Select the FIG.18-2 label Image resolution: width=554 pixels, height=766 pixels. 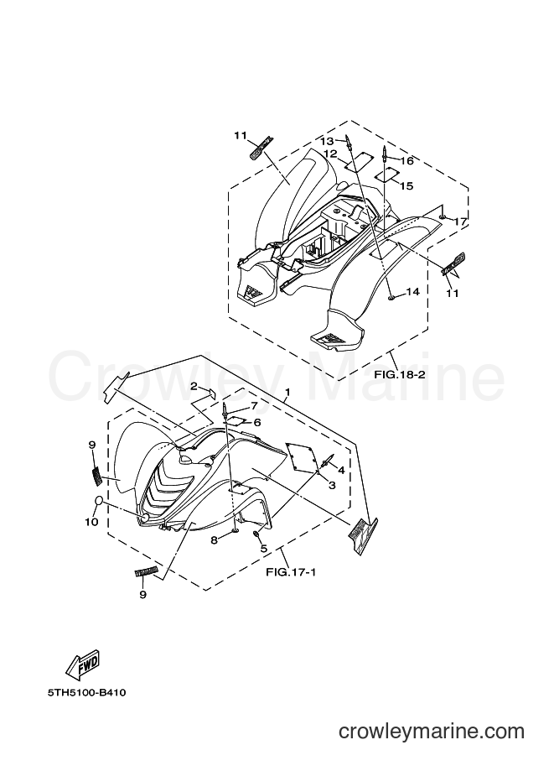click(400, 375)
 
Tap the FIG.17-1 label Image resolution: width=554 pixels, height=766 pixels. click(291, 571)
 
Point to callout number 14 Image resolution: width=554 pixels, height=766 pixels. click(412, 292)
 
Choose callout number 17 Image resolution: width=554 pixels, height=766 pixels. click(461, 221)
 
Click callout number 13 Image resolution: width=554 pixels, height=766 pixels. click(327, 141)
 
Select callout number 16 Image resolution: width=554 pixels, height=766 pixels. click(407, 161)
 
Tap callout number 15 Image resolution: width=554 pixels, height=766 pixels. click(406, 185)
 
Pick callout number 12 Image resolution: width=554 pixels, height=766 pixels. click(330, 154)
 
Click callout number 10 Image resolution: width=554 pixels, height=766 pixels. click(92, 522)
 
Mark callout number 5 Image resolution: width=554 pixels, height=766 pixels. click(263, 549)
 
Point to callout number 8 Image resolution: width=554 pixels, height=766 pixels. click(214, 539)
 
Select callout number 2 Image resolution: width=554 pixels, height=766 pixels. click(194, 387)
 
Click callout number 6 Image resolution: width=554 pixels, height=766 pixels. click(257, 422)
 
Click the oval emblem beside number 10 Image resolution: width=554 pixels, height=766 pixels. click(98, 500)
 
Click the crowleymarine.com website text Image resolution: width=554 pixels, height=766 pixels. click(432, 732)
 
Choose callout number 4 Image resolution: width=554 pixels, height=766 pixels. click(341, 470)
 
